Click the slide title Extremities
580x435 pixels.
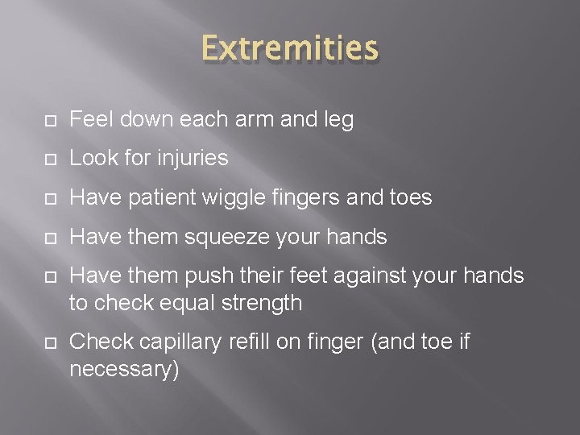coord(289,48)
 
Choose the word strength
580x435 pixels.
coord(267,303)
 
